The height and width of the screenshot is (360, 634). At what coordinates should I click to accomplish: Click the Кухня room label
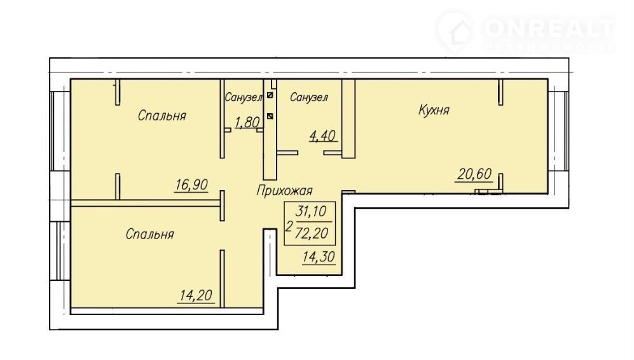coord(434,110)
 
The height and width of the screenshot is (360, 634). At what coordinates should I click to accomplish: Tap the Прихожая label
coord(284,191)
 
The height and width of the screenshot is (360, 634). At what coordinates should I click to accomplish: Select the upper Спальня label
coord(162,116)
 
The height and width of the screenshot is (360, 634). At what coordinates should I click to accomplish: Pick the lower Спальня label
coord(149,234)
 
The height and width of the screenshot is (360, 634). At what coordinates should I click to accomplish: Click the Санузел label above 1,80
coord(244,97)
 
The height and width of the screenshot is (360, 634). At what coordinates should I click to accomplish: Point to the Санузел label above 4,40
coord(309,97)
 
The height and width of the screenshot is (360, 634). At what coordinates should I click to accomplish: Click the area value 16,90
coord(191,185)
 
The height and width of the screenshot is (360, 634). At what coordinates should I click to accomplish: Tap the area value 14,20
coord(196,296)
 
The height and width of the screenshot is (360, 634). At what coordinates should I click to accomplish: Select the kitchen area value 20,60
coord(474,174)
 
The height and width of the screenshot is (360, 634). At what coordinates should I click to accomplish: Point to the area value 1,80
coord(247,122)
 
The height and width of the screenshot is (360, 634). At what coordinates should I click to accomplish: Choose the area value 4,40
coord(322,136)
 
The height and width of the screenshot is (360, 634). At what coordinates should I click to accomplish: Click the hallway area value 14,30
coord(319,257)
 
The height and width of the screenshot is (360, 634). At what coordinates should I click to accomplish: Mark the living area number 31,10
coord(311,211)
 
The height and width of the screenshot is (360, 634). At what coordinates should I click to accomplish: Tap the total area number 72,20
coord(312,233)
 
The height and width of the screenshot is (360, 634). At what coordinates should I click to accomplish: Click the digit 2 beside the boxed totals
coord(289,226)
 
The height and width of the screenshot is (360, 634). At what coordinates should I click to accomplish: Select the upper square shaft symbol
coord(270,96)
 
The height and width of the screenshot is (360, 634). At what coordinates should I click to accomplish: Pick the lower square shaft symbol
coord(270,116)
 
